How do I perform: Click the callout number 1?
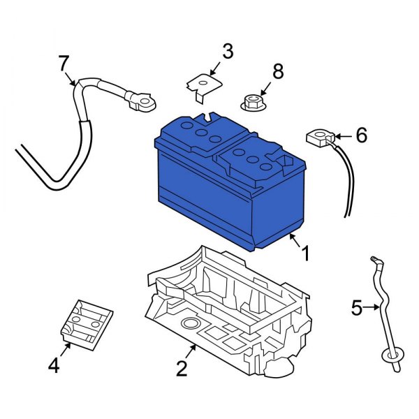(x=304, y=253)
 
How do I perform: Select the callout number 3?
(x=228, y=51)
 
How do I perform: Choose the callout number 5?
(x=357, y=307)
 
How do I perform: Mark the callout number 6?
(x=361, y=135)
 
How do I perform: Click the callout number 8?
(x=278, y=71)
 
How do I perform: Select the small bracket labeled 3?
(x=200, y=85)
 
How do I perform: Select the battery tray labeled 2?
(x=230, y=307)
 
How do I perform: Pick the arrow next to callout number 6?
(x=343, y=137)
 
